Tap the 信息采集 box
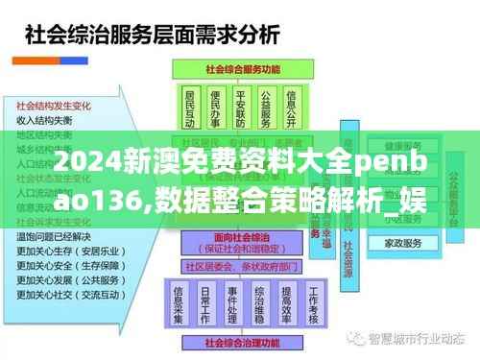(x=178, y=295)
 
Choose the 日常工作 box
(x=205, y=295)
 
